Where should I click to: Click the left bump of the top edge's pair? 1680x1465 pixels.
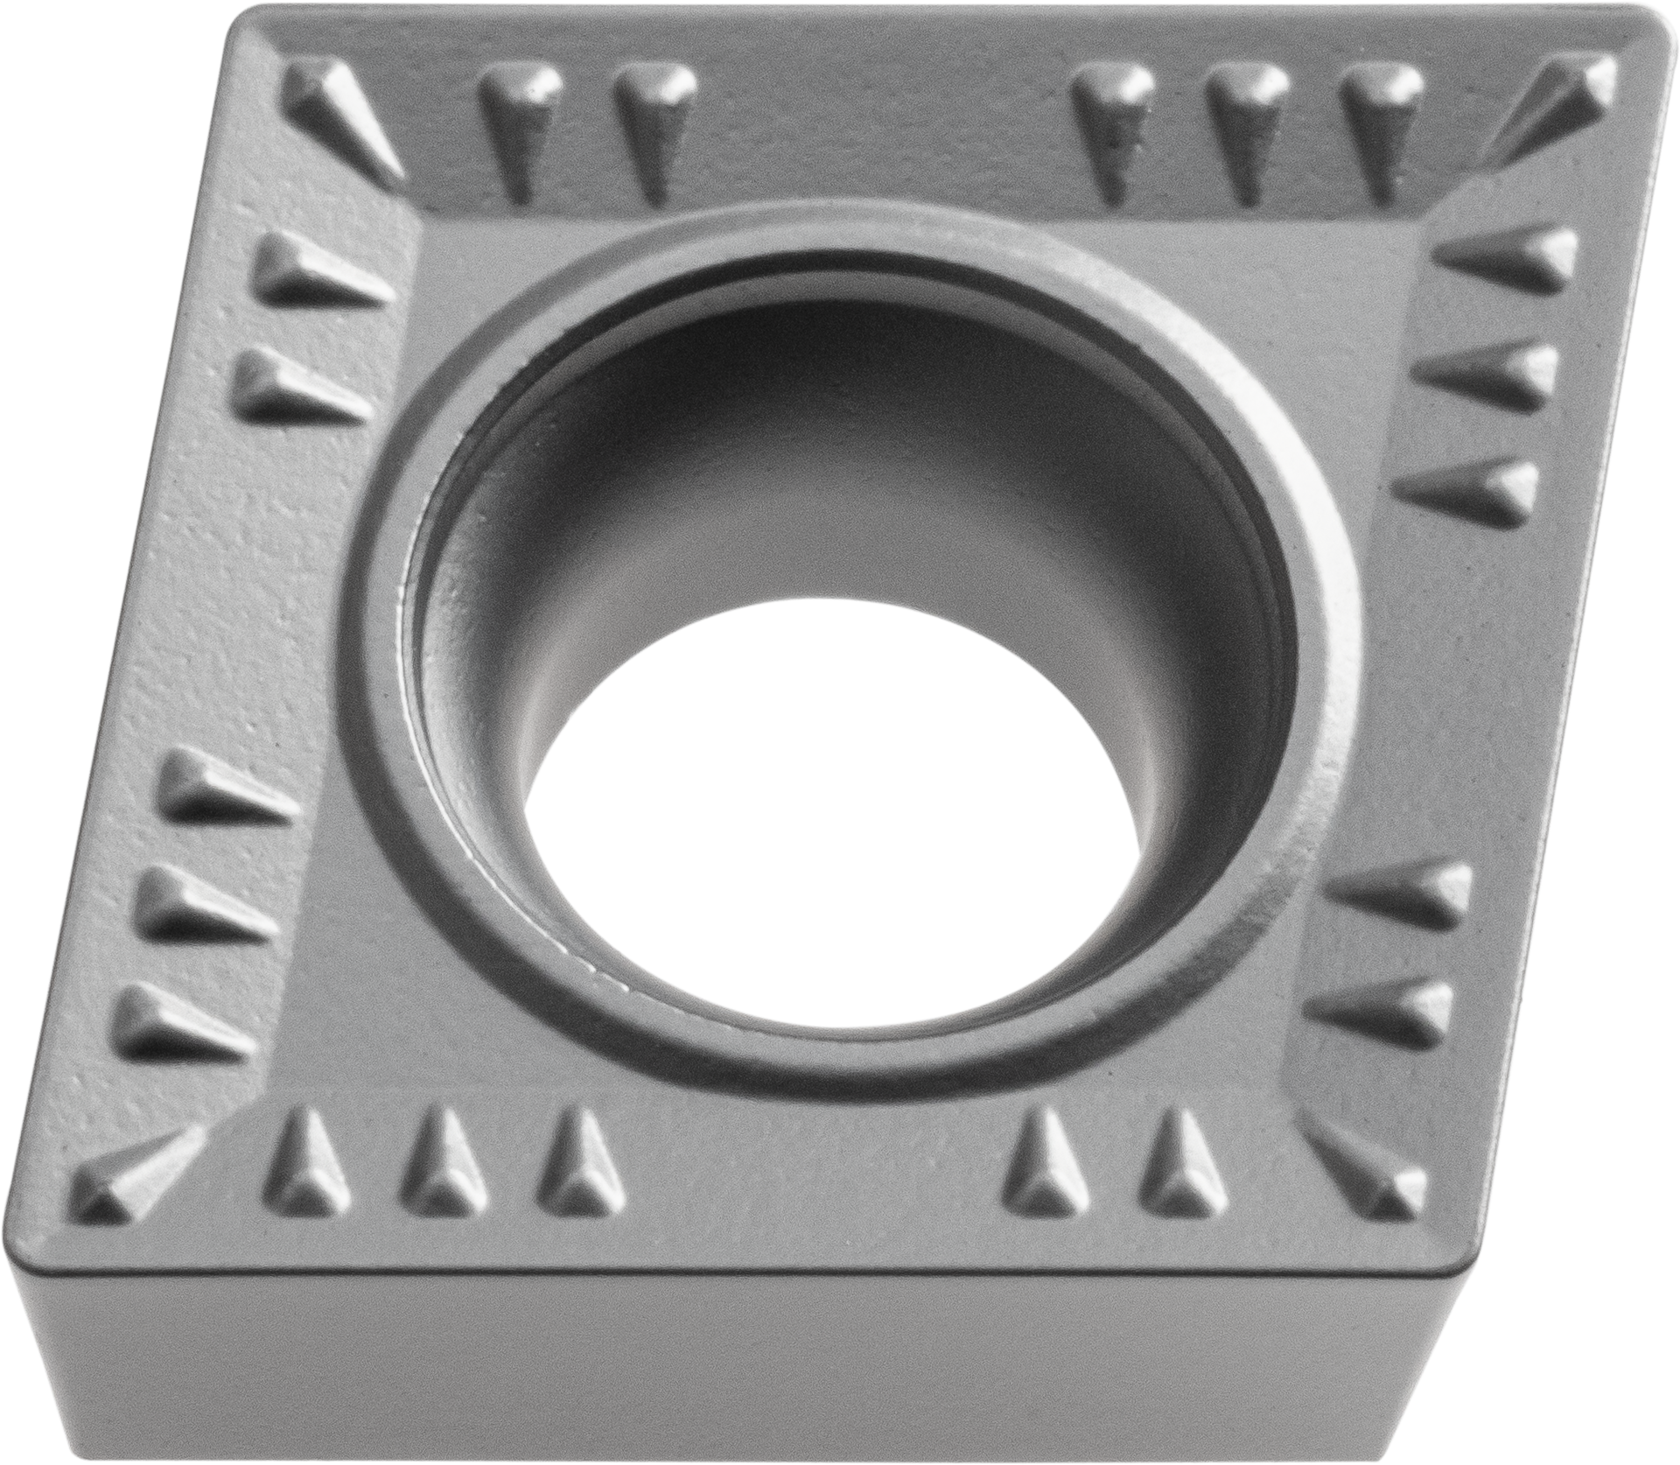[516, 123]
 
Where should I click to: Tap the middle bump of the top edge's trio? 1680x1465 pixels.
[1242, 123]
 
